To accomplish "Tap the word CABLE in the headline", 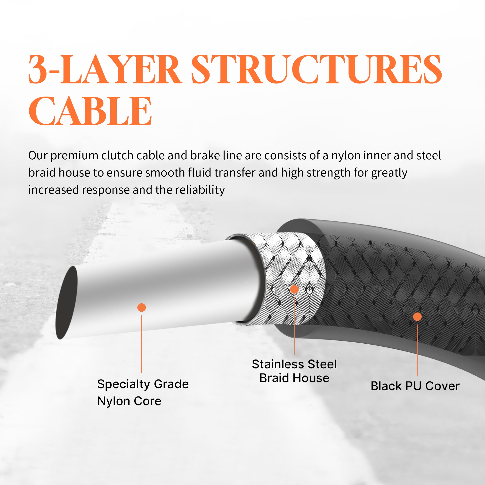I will tap(90, 111).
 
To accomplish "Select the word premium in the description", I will tap(74, 156).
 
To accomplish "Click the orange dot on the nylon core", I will tap(142, 307).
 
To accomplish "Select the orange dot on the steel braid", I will tap(294, 289).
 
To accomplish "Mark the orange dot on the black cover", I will tap(417, 316).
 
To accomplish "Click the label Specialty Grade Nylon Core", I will tap(143, 392).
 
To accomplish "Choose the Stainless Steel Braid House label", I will tap(294, 371).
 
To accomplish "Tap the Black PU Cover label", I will tap(415, 386).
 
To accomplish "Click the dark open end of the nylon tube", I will tap(66, 302).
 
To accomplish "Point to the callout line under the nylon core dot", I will tap(142, 344).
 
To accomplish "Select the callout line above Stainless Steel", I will tap(294, 326).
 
